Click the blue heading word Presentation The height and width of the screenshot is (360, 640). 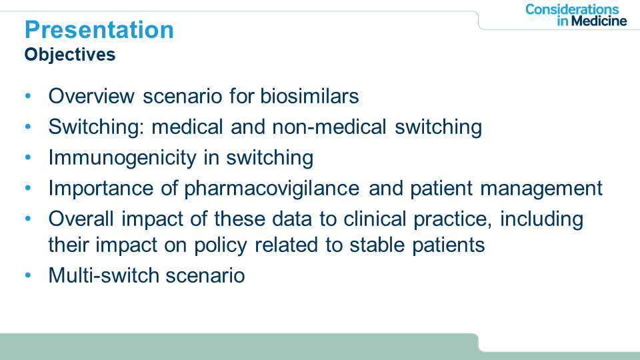(x=99, y=30)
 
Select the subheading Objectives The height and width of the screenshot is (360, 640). (x=70, y=55)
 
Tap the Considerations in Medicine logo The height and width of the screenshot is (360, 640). (x=576, y=15)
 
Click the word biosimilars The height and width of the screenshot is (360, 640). (x=309, y=96)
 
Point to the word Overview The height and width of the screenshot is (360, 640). (x=91, y=96)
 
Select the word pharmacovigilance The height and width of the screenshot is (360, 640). (x=272, y=189)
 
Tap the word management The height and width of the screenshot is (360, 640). (x=541, y=189)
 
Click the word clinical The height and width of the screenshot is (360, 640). (x=375, y=219)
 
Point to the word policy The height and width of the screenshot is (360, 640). (x=221, y=245)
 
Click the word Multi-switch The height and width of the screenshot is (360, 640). (x=103, y=275)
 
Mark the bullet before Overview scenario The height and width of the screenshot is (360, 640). (x=28, y=96)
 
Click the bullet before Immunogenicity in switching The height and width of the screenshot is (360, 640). (x=28, y=157)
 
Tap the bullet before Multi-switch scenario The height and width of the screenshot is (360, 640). (x=28, y=275)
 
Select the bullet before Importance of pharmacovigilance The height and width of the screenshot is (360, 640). (x=28, y=188)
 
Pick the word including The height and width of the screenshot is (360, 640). (x=541, y=219)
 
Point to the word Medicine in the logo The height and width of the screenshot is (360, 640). (x=599, y=21)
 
